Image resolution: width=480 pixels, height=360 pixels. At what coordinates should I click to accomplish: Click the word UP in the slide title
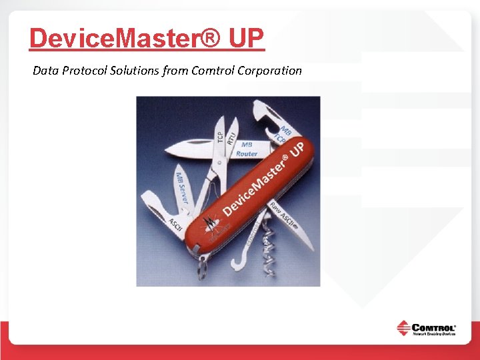point(247,39)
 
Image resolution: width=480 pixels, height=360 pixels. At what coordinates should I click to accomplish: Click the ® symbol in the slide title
point(210,39)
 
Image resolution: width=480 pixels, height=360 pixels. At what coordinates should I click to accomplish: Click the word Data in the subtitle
point(45,70)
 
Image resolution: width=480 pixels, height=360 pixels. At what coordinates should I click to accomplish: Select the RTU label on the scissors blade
point(231,139)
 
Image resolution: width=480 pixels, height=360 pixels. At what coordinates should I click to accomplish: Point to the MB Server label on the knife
point(181,187)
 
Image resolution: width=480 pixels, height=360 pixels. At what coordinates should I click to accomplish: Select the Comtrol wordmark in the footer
point(433,327)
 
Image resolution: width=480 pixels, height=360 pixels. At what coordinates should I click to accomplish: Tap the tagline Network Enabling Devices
point(433,335)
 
